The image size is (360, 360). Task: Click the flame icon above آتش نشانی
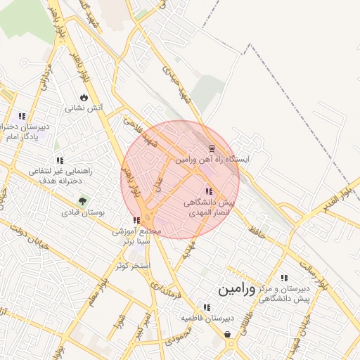tap(84, 97)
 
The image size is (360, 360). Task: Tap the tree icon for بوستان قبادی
tap(83, 201)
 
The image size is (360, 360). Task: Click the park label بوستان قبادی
tap(83, 212)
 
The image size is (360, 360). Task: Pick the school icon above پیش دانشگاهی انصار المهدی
tap(207, 191)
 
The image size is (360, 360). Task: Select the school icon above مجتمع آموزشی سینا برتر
tap(136, 220)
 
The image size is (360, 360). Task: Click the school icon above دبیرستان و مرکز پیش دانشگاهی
tap(283, 278)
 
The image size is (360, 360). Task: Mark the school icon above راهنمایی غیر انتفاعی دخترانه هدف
tap(59, 160)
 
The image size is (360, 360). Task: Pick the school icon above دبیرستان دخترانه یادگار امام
tap(22, 116)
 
